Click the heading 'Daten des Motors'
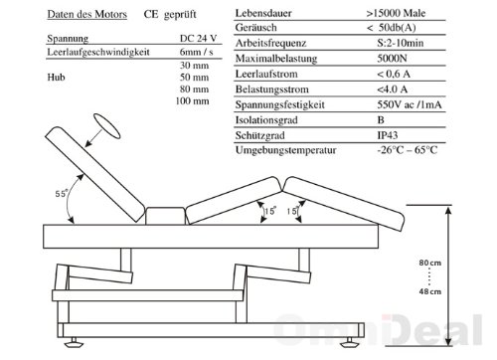click(x=86, y=14)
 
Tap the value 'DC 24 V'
click(x=198, y=39)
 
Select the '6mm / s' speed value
click(x=196, y=52)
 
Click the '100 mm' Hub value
click(x=192, y=100)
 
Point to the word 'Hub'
click(x=56, y=78)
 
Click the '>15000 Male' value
click(x=396, y=13)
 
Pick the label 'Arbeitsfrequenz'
click(x=270, y=43)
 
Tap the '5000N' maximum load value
click(x=392, y=59)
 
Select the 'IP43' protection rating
click(x=388, y=135)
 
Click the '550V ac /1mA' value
click(x=410, y=104)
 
